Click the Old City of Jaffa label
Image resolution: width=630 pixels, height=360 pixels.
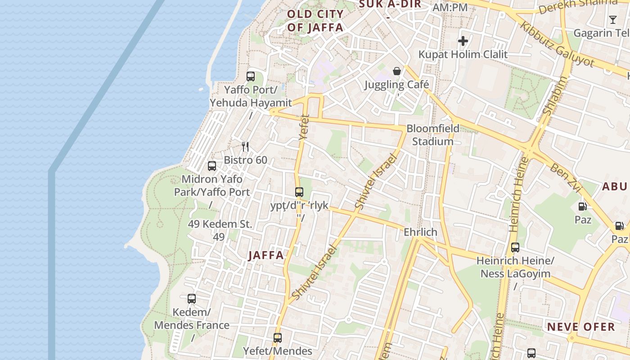[315, 21]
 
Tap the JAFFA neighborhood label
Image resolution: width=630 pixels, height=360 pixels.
[266, 256]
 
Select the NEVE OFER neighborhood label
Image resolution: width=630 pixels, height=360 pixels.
[580, 327]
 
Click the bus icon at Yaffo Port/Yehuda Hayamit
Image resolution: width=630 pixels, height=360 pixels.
[251, 76]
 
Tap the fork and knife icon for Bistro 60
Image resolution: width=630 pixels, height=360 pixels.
[245, 147]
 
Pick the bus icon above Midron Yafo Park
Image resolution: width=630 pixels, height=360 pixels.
[212, 166]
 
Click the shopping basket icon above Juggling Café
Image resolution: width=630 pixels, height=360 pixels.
[397, 71]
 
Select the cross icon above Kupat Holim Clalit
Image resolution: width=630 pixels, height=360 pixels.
[463, 41]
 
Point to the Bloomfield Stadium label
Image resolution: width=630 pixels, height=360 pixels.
[433, 135]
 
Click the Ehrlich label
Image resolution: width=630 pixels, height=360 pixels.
[420, 232]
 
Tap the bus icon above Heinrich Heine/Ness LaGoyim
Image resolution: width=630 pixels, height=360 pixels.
[515, 247]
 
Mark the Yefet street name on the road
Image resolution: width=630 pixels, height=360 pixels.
[305, 127]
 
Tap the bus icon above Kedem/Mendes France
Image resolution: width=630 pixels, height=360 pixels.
[192, 299]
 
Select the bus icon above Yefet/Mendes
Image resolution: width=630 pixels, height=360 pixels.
[278, 337]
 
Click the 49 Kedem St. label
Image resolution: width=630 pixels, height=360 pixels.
[220, 224]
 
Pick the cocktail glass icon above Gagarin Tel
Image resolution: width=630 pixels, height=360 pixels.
[612, 20]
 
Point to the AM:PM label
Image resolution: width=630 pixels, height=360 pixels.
[450, 8]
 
